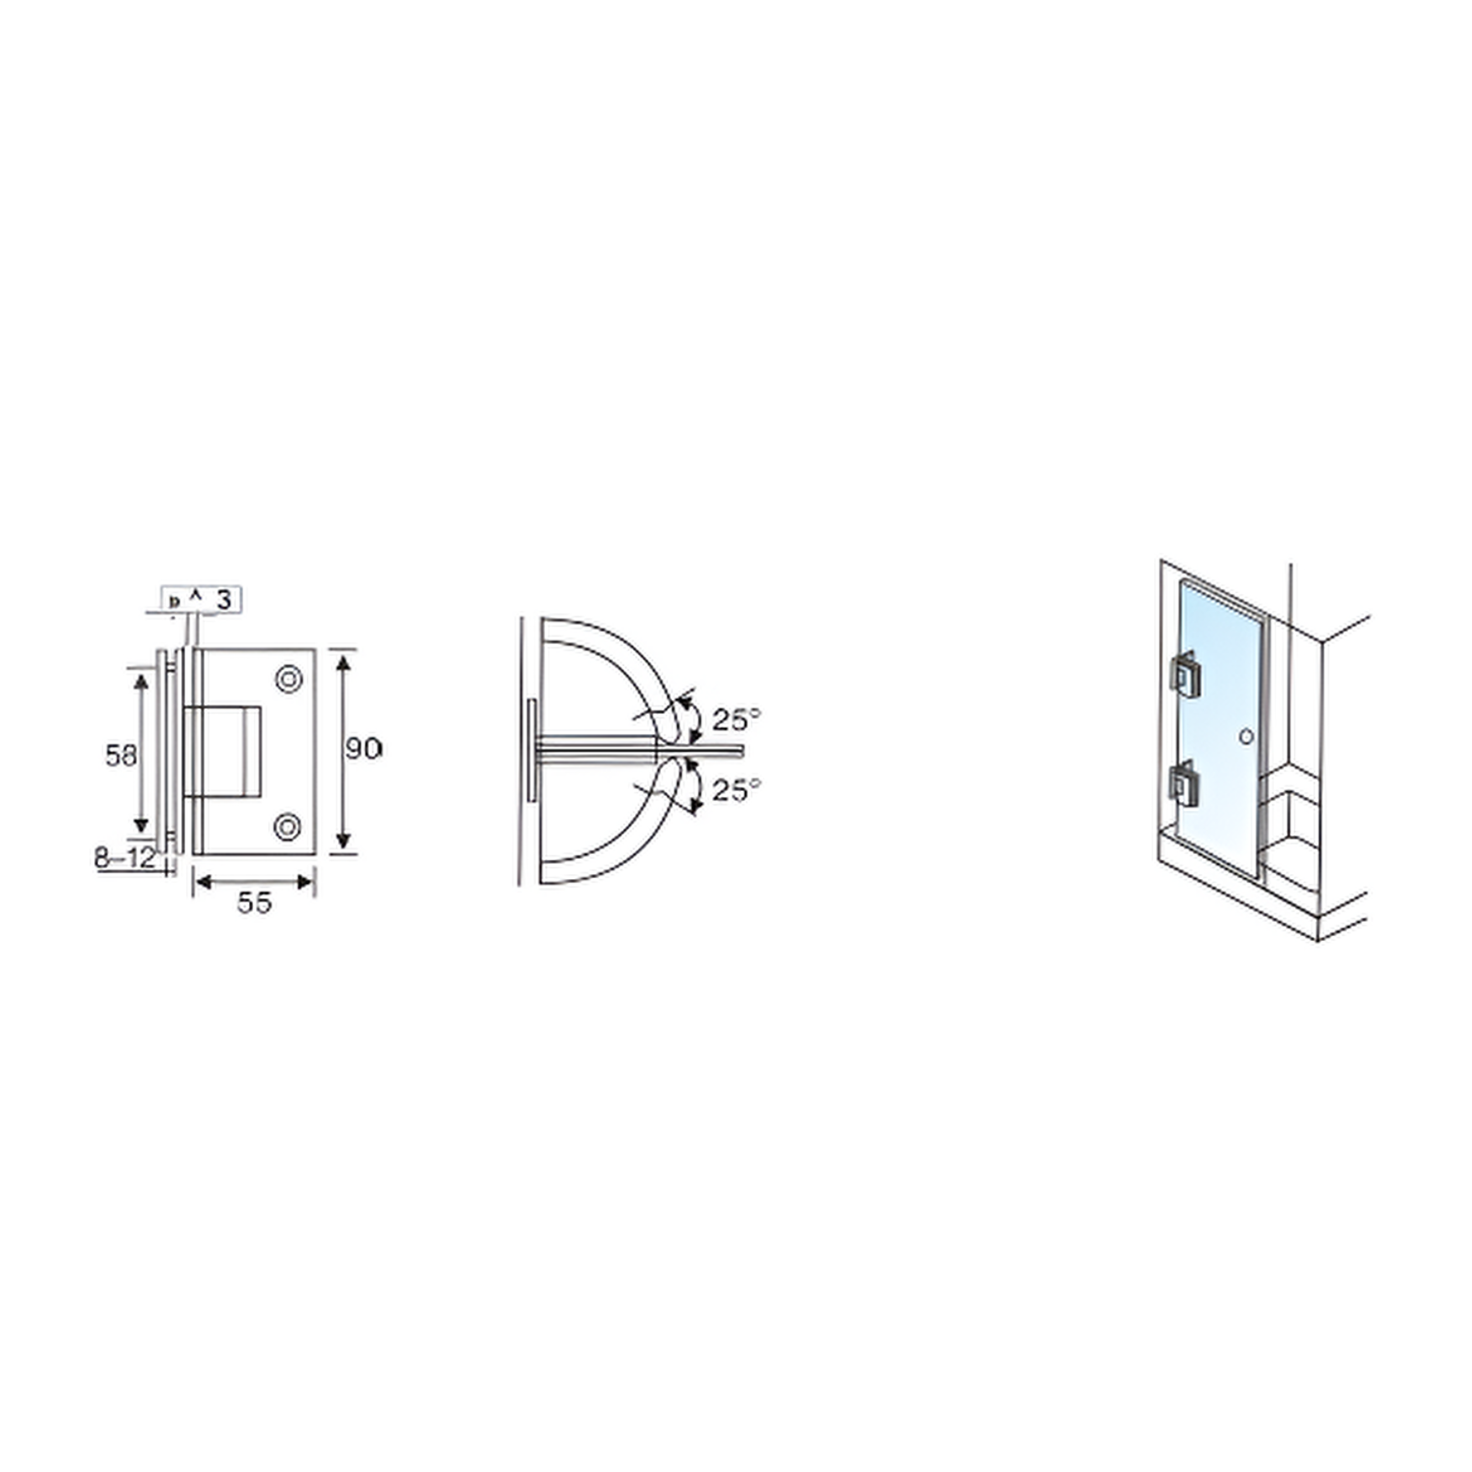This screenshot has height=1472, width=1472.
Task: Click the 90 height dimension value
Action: pyautogui.click(x=363, y=748)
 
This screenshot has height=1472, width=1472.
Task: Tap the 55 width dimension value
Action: pyautogui.click(x=254, y=902)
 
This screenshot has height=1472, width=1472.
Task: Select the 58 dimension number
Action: pyautogui.click(x=120, y=756)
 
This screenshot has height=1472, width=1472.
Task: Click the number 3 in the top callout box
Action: pyautogui.click(x=224, y=600)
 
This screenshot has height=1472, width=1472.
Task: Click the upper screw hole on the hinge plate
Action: pyautogui.click(x=289, y=679)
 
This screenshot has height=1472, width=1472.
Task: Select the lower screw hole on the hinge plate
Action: pyautogui.click(x=288, y=827)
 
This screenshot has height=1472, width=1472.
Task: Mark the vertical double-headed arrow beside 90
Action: pyautogui.click(x=342, y=752)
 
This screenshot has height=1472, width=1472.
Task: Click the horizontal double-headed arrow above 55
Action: pyautogui.click(x=253, y=882)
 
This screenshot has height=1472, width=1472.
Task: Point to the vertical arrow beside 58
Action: pyautogui.click(x=141, y=752)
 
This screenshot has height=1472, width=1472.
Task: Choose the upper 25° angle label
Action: pyautogui.click(x=736, y=719)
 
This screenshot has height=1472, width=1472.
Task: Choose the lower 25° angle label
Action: pyautogui.click(x=736, y=789)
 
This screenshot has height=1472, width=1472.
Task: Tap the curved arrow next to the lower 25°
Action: pyautogui.click(x=693, y=785)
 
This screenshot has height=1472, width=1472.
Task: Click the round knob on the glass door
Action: pyautogui.click(x=1246, y=736)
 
